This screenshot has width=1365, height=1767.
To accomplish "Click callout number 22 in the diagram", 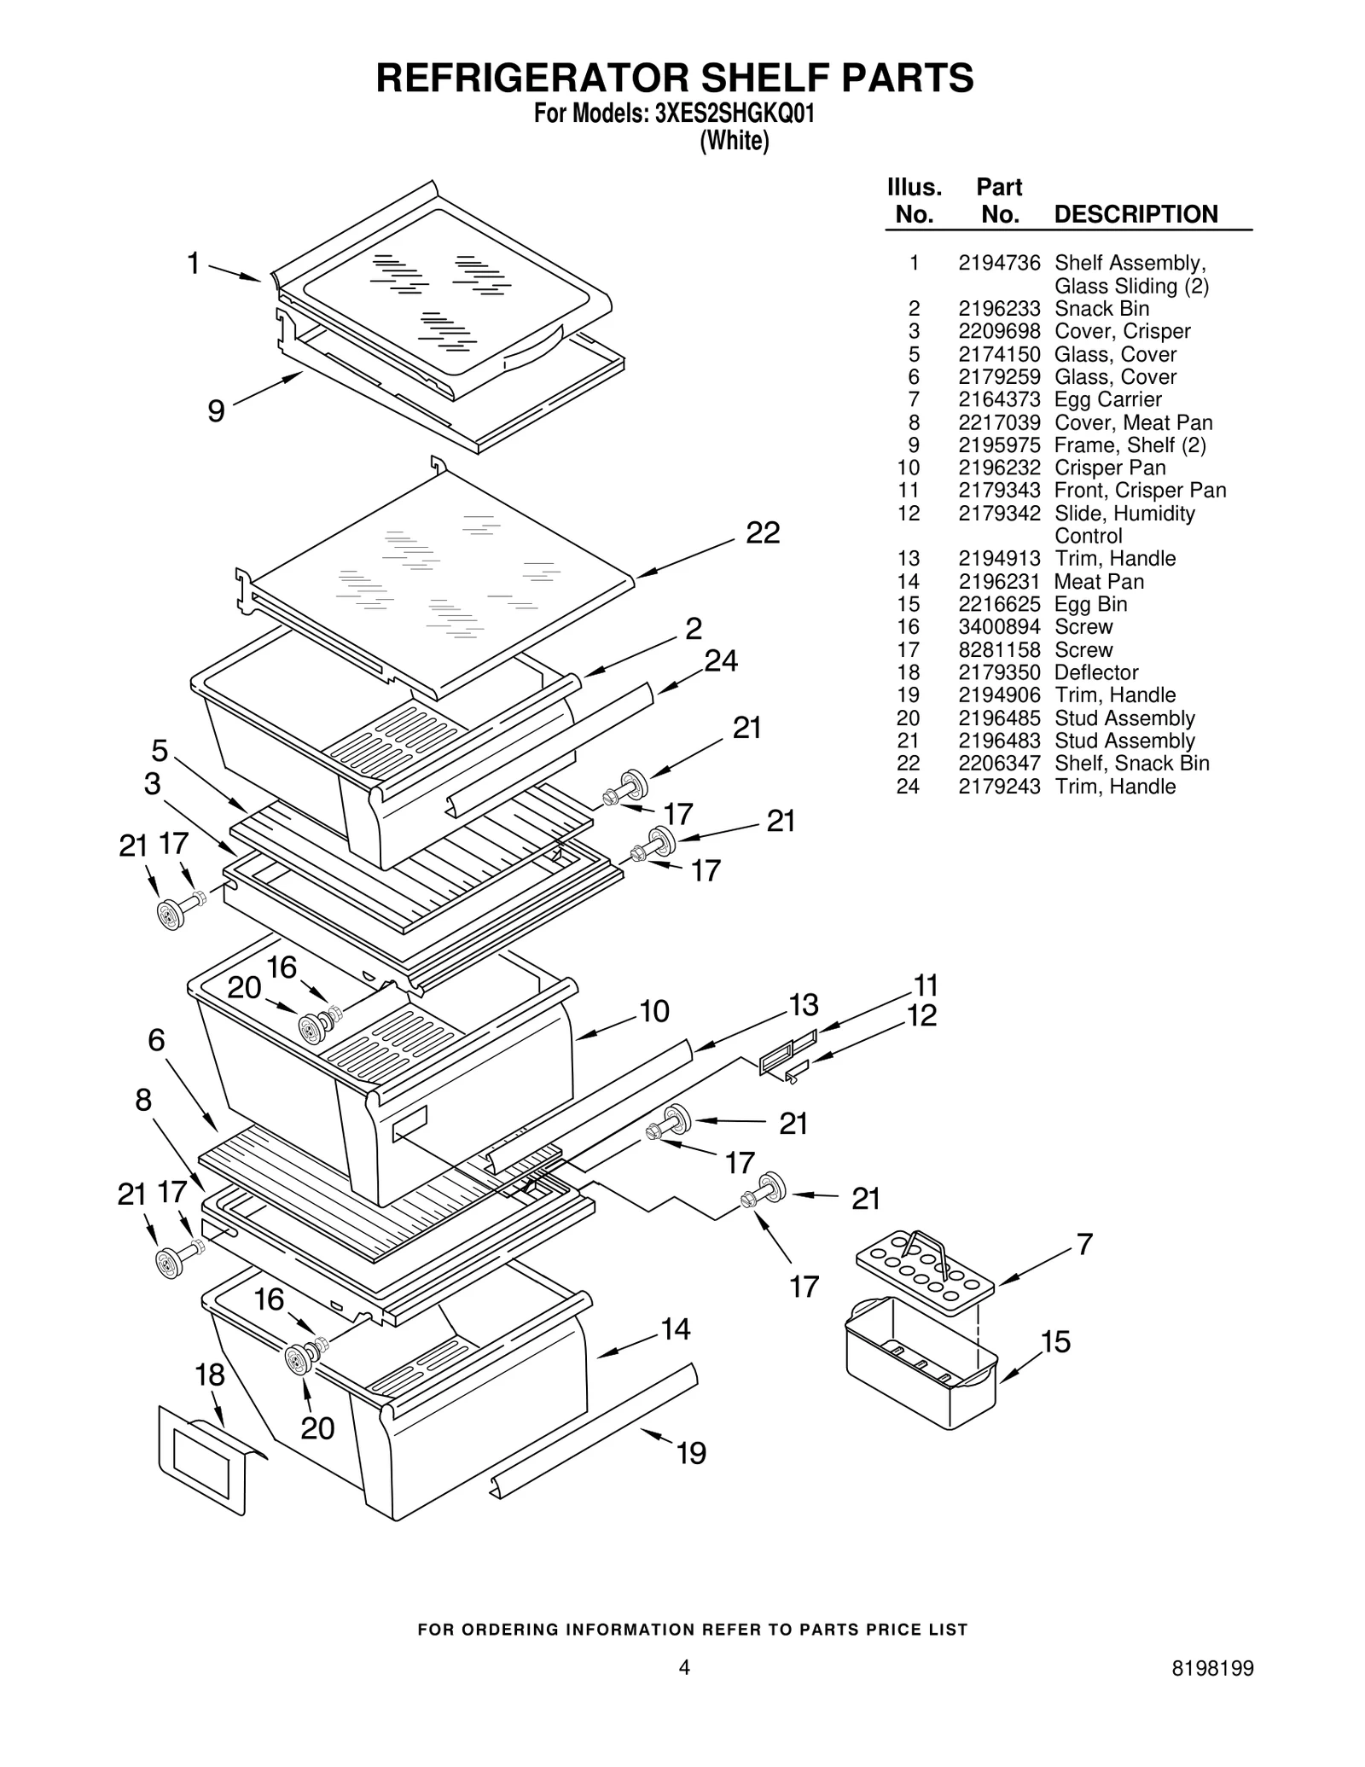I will point(763,533).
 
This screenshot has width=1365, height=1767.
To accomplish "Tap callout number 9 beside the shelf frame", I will point(217,412).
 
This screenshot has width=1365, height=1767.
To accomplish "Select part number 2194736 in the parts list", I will point(999,263).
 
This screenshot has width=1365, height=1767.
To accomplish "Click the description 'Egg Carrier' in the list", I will point(1107,399).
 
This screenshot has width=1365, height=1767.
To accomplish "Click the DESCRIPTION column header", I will point(1136,214).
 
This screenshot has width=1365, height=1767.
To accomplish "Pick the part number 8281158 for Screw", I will point(999,650).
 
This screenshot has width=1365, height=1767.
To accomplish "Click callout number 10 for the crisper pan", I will point(654,1011).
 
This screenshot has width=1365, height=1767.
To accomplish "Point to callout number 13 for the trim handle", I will point(804,1005).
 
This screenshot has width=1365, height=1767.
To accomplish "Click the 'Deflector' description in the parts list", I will point(1096,672).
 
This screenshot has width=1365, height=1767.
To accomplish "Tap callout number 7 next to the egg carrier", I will point(1083,1244).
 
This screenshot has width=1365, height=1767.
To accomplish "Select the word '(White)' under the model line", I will point(734,142).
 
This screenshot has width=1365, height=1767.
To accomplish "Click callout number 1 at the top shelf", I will point(195,264).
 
